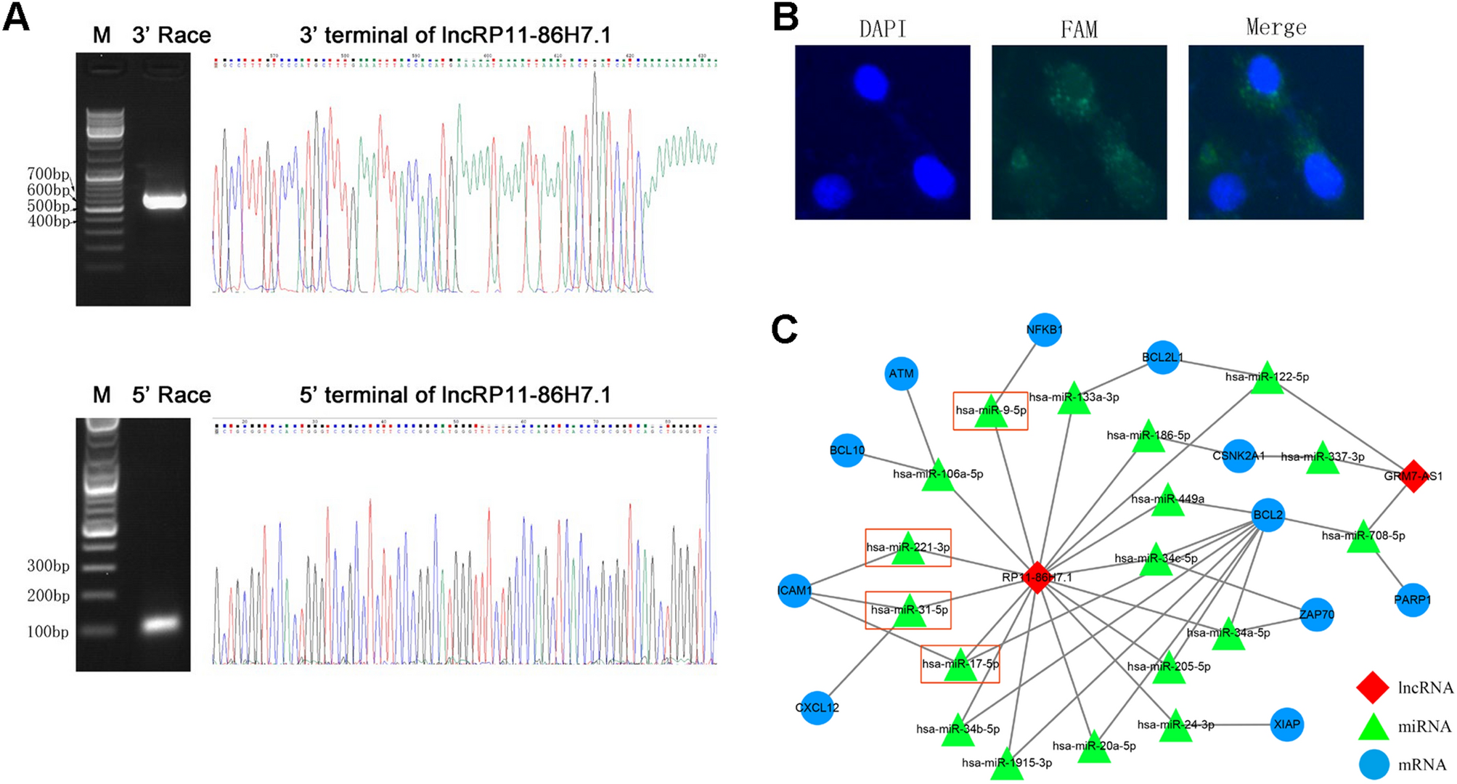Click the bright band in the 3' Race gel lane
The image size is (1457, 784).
[x=165, y=201]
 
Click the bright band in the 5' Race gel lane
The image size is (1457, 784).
[x=161, y=624]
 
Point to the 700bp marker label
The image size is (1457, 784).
[x=48, y=174]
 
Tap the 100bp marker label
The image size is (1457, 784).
[x=48, y=632]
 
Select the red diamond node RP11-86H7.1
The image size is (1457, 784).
[x=1037, y=577]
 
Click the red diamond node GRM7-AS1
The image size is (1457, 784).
[x=1413, y=475]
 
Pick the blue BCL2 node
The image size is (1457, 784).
[x=1268, y=515]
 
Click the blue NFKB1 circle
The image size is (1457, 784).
[x=1044, y=330]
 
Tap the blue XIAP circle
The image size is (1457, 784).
[x=1286, y=724]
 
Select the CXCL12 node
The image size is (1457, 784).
[x=817, y=707]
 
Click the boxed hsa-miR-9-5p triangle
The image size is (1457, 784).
[x=990, y=413]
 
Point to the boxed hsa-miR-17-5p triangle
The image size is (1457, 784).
[x=961, y=666]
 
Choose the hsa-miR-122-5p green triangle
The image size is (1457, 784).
[x=1268, y=379]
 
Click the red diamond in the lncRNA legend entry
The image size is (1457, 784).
[x=1372, y=687]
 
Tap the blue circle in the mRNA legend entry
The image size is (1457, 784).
[x=1372, y=764]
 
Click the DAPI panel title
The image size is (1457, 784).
[x=882, y=29]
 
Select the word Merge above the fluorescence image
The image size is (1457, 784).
[x=1276, y=28]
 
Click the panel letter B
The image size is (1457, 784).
[x=785, y=16]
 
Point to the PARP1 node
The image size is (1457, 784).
[x=1412, y=600]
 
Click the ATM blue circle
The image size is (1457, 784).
[x=901, y=374]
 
